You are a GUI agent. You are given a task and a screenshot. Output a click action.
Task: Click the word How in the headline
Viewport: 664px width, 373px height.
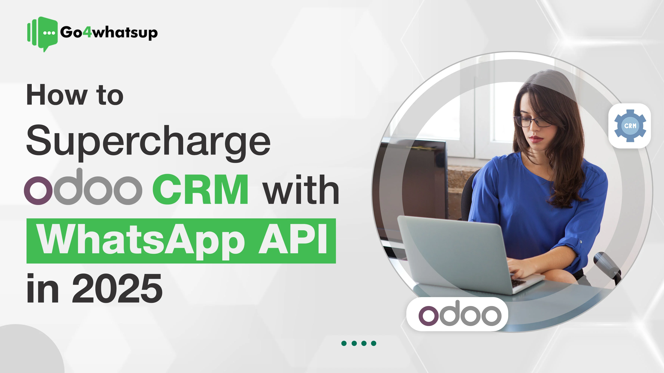[x=57, y=95]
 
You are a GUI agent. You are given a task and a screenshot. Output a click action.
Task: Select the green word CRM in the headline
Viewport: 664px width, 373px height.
[x=201, y=190]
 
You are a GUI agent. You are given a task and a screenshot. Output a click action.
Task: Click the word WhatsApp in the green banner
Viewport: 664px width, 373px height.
[x=140, y=239]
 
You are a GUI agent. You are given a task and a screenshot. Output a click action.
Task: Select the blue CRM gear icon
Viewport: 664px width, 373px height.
[x=630, y=126]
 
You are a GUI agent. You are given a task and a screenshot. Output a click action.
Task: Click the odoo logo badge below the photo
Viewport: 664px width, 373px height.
[x=457, y=314]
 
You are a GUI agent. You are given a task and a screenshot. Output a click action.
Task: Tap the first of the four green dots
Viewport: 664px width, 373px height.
[x=344, y=343]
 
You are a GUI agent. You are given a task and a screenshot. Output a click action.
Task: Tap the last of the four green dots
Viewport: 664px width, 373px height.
[x=373, y=343]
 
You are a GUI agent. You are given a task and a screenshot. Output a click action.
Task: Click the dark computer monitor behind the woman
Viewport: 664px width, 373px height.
[x=415, y=180]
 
